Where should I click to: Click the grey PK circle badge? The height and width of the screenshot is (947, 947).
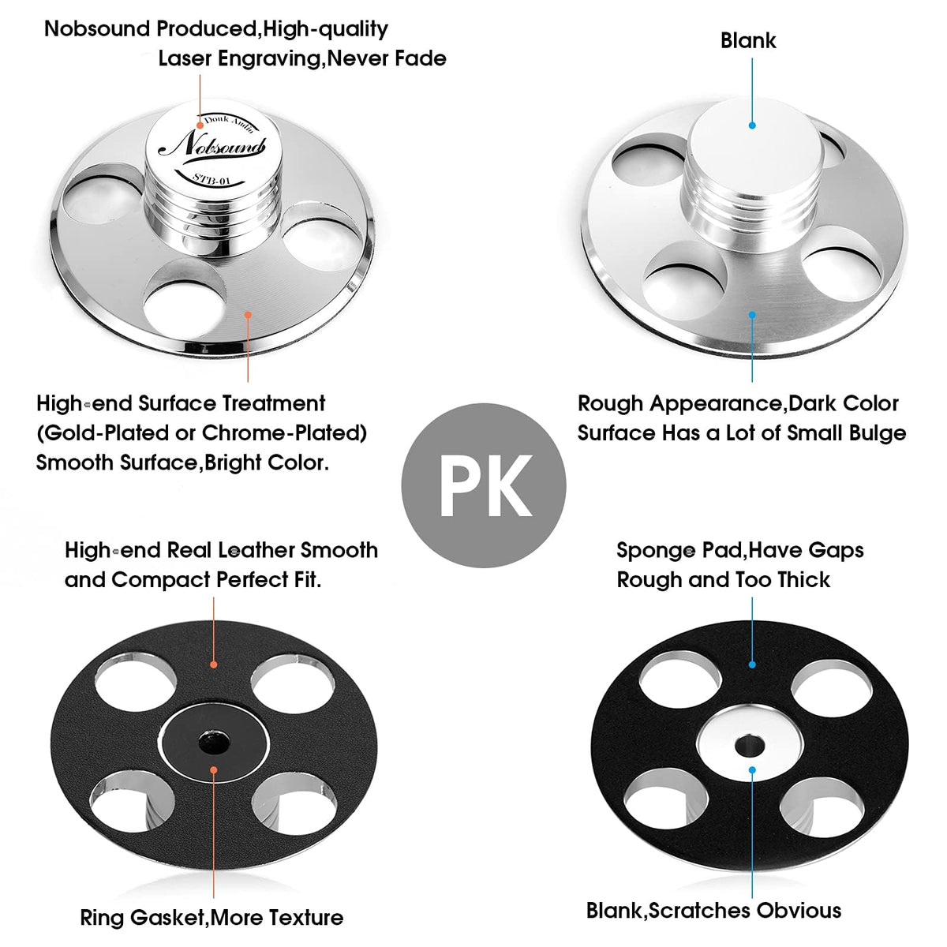[x=484, y=485]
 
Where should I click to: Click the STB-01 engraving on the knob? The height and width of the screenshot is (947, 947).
[x=211, y=178]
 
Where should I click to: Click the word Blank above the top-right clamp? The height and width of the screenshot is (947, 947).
[x=748, y=41]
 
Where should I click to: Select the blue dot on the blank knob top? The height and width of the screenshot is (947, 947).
[x=752, y=125]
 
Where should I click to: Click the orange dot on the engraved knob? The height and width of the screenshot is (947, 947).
[x=200, y=125]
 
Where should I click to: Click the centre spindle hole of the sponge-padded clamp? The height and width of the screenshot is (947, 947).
[x=750, y=746]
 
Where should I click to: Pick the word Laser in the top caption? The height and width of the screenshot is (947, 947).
[x=185, y=58]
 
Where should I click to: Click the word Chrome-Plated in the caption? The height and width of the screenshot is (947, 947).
[x=284, y=433]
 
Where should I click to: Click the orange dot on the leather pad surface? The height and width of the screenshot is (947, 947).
[x=214, y=665]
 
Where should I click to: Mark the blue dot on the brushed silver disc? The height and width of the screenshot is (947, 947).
[x=752, y=315]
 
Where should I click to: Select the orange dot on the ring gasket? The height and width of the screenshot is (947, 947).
[x=214, y=770]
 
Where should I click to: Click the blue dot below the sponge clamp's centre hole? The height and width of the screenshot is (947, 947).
[x=752, y=770]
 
